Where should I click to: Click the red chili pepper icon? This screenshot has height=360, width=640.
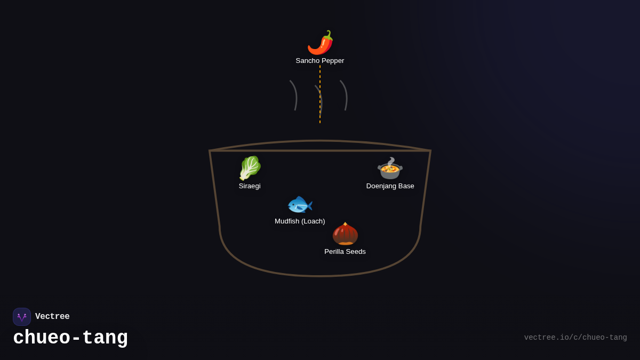320,43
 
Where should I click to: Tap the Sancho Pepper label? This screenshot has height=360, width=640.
320,61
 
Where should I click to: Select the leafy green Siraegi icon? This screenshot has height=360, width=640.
250,168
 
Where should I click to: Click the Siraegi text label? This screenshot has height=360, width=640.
250,186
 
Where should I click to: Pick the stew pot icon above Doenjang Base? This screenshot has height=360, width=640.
390,169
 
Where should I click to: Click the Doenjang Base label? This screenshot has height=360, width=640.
390,186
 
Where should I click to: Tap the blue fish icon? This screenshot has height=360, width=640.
300,205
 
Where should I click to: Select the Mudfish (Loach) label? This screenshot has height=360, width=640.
300,221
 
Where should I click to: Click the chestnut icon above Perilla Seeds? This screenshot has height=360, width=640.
345,234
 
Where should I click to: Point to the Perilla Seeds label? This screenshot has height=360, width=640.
345,252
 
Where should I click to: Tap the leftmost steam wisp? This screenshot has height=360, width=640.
294,95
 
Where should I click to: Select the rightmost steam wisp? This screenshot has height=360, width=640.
345,95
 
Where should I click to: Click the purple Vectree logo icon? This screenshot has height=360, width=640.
22,317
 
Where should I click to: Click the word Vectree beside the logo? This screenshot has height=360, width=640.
52,317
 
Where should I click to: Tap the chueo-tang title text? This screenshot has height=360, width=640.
70,338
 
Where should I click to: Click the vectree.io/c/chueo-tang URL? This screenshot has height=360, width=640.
575,338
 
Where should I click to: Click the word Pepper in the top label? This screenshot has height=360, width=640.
332,61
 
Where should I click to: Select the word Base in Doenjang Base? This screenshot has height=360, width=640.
405,186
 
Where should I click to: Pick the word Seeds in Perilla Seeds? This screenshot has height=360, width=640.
356,252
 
